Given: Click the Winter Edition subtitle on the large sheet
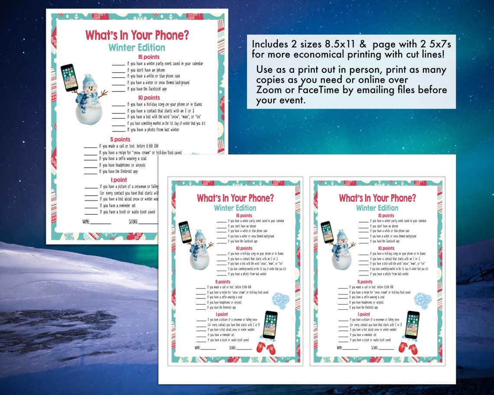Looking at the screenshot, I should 136,48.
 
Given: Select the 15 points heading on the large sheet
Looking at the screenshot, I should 149,57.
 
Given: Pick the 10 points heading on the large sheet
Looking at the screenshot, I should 149,97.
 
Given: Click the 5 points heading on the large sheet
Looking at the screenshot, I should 120,139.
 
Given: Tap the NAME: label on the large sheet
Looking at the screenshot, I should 86,221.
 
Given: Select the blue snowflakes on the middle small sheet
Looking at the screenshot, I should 280,300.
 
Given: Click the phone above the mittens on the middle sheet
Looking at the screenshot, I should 270,324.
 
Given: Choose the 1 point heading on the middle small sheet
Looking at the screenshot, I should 221,314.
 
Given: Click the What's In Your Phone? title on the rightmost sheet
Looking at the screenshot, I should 377,198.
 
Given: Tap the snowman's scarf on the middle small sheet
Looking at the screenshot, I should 197,251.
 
